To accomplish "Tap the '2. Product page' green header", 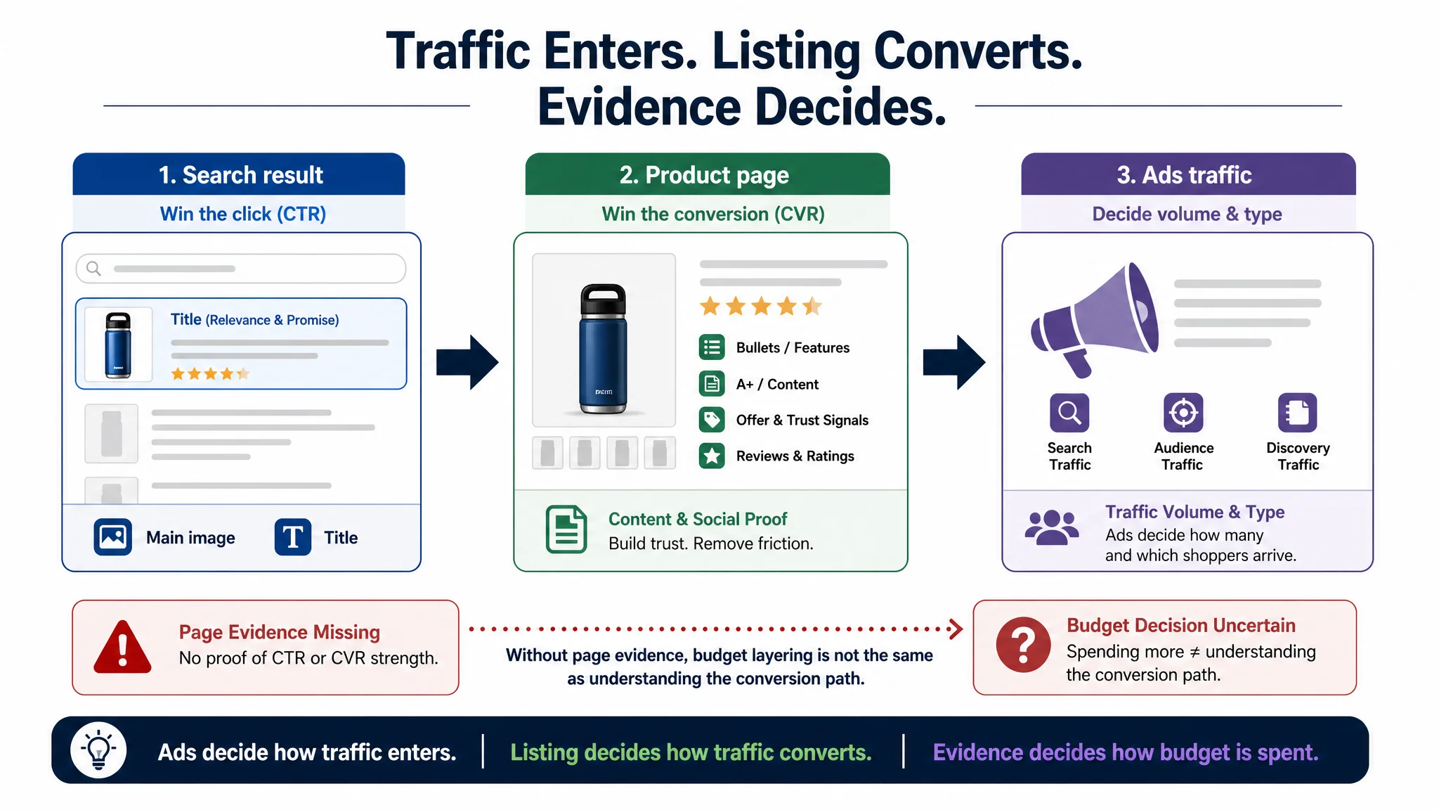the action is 708,174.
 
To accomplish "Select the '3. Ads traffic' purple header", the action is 1188,174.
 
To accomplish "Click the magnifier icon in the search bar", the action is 93,269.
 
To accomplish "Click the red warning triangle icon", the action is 122,647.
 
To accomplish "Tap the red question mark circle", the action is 1023,645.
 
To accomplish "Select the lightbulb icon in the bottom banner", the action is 98,750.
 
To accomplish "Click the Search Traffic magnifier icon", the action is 1069,413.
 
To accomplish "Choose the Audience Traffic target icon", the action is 1183,413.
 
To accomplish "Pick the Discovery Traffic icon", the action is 1297,413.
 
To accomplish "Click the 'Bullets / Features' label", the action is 793,347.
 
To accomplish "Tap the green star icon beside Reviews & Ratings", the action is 712,456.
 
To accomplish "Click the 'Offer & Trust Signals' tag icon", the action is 712,420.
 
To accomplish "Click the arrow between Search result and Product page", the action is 467,362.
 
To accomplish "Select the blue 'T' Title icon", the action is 293,537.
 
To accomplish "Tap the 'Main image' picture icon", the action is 112,537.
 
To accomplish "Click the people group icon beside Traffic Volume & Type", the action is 1052,527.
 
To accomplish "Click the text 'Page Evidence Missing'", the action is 280,632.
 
